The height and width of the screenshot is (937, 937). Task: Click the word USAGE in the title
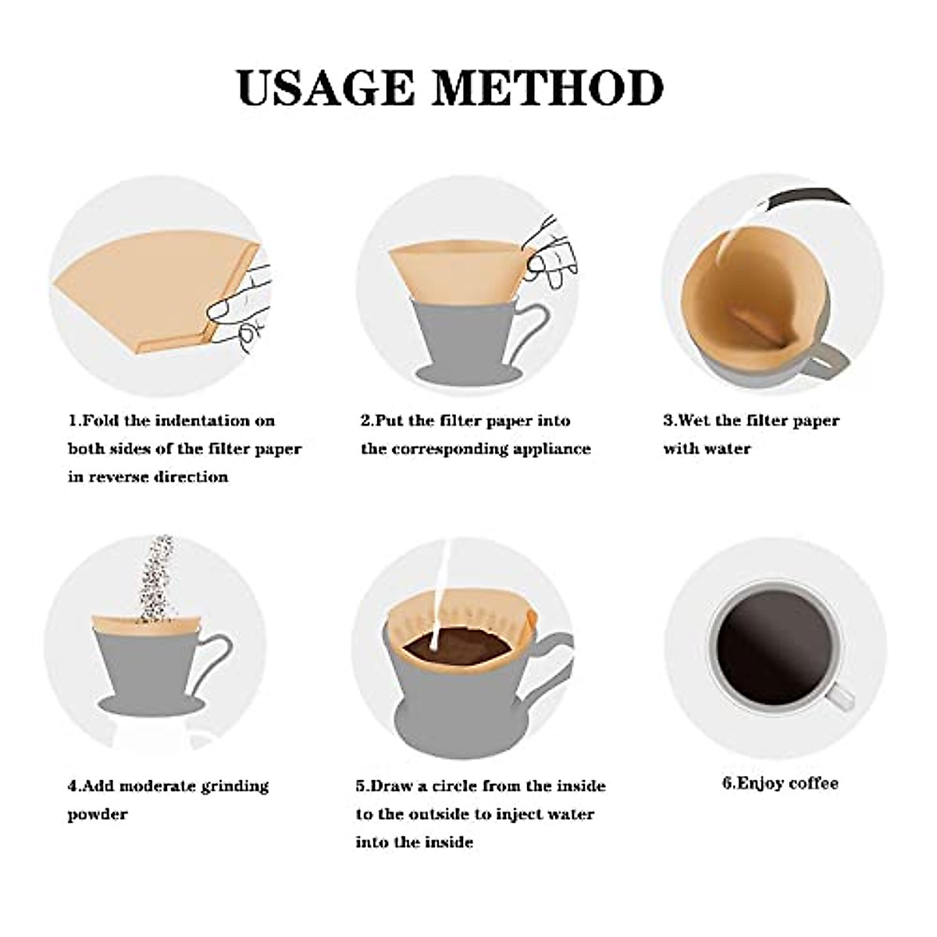326,88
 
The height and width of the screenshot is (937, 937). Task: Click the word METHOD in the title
548,88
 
